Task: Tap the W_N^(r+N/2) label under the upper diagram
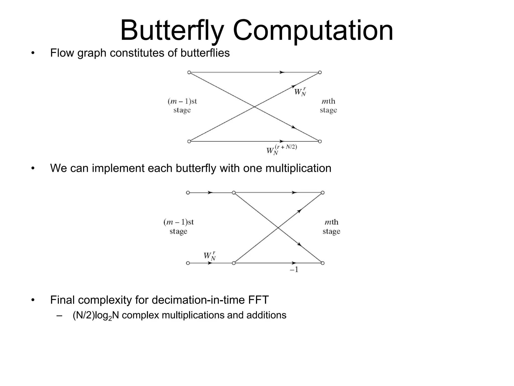pyautogui.click(x=282, y=150)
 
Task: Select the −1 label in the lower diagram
pyautogui.click(x=294, y=270)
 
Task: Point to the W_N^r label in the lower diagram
pyautogui.click(x=210, y=256)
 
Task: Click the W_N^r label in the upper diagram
pyautogui.click(x=300, y=92)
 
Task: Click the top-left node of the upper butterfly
pyautogui.click(x=189, y=72)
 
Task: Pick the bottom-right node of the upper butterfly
pyautogui.click(x=320, y=141)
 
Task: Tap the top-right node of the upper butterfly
pyautogui.click(x=320, y=72)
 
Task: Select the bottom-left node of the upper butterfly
pyautogui.click(x=189, y=141)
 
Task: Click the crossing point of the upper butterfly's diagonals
pyautogui.click(x=254, y=107)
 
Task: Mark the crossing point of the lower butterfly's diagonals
pyautogui.click(x=278, y=228)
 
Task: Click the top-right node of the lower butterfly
pyautogui.click(x=323, y=193)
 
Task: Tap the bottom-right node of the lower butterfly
pyautogui.click(x=323, y=263)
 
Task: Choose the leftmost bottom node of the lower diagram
pyautogui.click(x=188, y=263)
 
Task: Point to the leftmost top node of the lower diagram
pyautogui.click(x=188, y=193)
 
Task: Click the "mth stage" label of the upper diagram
pyautogui.click(x=328, y=106)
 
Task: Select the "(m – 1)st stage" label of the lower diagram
pyautogui.click(x=178, y=226)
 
